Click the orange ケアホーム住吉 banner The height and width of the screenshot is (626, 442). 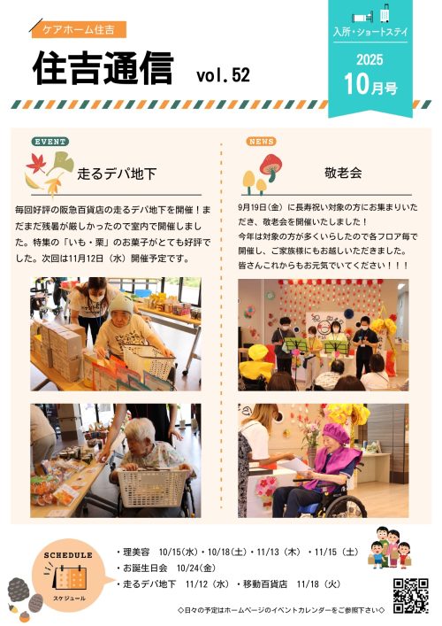pos(79,29)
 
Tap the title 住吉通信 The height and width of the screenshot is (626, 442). pos(103,68)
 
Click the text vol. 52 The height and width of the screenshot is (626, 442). pos(223,74)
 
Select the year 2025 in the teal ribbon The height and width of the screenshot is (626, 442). pos(370,60)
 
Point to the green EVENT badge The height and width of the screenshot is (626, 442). pos(50,142)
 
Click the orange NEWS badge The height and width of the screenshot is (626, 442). pos(261,142)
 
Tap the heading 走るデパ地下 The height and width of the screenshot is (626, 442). pos(117,174)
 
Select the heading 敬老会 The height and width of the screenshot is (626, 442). pos(343,173)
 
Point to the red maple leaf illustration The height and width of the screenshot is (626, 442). pos(36,164)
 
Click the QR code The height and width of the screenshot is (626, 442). pos(411,596)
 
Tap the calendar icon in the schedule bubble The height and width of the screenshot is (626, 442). pos(69,576)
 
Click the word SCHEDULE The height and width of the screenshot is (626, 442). pos(68,555)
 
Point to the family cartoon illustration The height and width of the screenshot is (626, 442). pos(389,547)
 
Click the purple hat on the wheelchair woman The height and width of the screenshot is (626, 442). pos(336,432)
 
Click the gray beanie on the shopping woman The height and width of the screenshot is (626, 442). pos(121,305)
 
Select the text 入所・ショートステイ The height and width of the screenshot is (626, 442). pos(370,32)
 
